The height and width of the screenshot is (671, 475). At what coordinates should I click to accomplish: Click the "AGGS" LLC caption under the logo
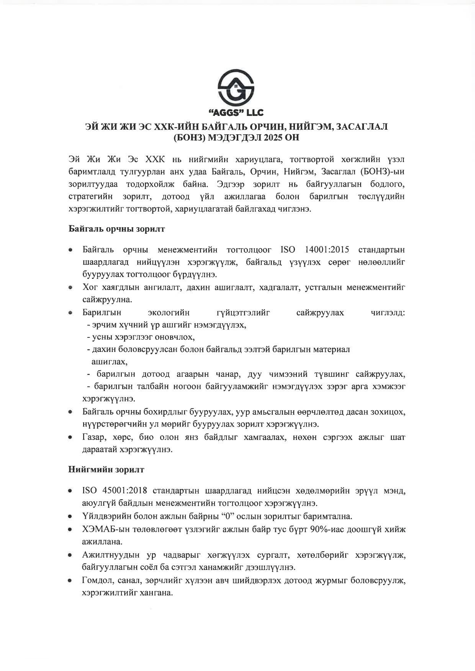pyautogui.click(x=236, y=112)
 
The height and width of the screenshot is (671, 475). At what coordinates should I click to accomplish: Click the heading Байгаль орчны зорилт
pyautogui.click(x=116, y=229)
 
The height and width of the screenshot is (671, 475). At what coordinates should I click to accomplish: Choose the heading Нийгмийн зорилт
pyautogui.click(x=106, y=469)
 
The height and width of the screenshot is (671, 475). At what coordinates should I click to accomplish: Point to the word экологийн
pyautogui.click(x=169, y=313)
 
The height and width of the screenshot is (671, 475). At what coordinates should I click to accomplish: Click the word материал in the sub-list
pyautogui.click(x=331, y=349)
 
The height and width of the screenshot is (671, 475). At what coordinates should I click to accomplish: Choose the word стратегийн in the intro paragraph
pyautogui.click(x=90, y=197)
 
